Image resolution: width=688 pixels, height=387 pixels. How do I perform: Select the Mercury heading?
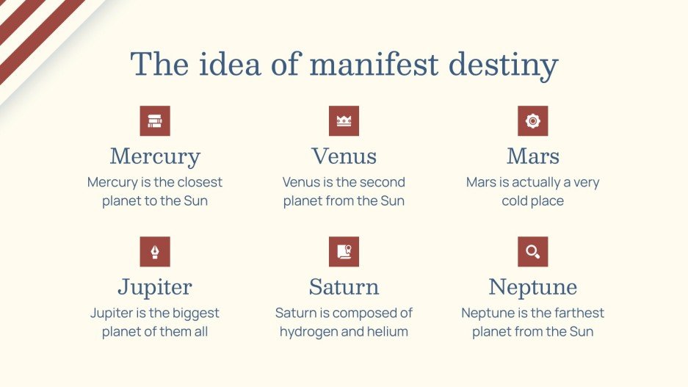pyautogui.click(x=155, y=156)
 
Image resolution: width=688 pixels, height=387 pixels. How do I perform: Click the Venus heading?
pyautogui.click(x=344, y=156)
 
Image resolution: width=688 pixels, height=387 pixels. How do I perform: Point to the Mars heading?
pyautogui.click(x=532, y=156)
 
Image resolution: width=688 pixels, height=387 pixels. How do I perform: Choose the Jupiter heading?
pyautogui.click(x=155, y=286)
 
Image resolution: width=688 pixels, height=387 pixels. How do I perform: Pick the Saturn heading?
pyautogui.click(x=344, y=286)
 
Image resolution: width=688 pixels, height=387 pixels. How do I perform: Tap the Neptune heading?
pyautogui.click(x=532, y=286)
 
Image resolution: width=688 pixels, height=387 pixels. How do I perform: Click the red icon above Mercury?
pyautogui.click(x=155, y=121)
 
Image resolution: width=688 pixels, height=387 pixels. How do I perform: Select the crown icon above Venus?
pyautogui.click(x=344, y=121)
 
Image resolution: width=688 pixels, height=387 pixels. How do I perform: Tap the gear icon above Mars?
pyautogui.click(x=532, y=121)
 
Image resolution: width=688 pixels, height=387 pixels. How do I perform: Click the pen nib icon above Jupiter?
pyautogui.click(x=155, y=252)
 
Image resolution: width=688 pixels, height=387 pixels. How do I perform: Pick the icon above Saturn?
pyautogui.click(x=344, y=252)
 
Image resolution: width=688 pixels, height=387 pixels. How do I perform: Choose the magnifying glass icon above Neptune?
pyautogui.click(x=532, y=252)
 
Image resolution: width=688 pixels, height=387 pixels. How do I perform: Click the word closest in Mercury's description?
pyautogui.click(x=197, y=182)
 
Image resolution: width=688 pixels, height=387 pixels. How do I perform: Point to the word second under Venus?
pyautogui.click(x=380, y=182)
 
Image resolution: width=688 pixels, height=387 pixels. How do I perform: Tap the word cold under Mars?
pyautogui.click(x=515, y=201)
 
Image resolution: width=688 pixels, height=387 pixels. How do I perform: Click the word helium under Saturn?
pyautogui.click(x=386, y=332)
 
